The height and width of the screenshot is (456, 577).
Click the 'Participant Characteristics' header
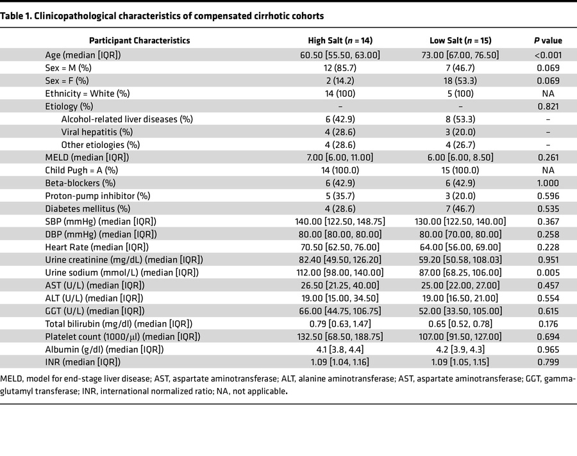point(139,40)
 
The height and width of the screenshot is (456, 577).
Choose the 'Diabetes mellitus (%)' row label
point(88,208)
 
